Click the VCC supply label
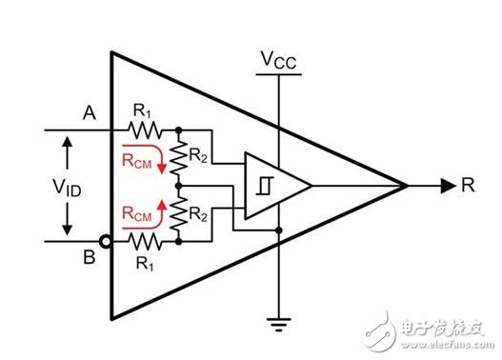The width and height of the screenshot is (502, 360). pyautogui.click(x=277, y=60)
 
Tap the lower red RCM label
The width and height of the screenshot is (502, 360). pyautogui.click(x=136, y=217)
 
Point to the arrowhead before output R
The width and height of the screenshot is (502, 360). pyautogui.click(x=446, y=186)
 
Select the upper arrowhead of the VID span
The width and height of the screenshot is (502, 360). pyautogui.click(x=68, y=143)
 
